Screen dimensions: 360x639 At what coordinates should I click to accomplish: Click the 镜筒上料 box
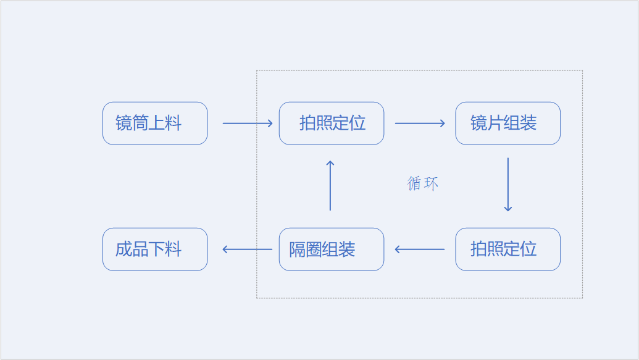(x=155, y=123)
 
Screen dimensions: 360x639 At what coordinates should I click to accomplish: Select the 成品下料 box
(x=155, y=249)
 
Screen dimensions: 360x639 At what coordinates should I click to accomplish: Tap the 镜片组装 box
(x=507, y=123)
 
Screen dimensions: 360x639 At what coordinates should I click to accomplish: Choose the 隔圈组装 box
(x=332, y=249)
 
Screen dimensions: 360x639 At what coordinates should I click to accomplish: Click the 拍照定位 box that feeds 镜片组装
(x=332, y=123)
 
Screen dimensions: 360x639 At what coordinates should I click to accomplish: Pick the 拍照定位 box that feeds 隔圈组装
(x=507, y=249)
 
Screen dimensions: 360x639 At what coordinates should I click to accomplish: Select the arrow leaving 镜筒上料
(x=247, y=123)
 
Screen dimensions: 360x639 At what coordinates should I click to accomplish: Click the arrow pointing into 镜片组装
(x=420, y=123)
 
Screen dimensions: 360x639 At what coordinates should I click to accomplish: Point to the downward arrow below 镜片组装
(x=507, y=185)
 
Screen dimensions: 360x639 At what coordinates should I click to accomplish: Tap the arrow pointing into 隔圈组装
(x=420, y=249)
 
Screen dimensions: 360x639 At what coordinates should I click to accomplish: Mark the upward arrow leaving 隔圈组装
(x=330, y=185)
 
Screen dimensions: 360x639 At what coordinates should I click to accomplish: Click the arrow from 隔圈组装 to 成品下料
(x=247, y=249)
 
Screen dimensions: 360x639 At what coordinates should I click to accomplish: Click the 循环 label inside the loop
(x=423, y=183)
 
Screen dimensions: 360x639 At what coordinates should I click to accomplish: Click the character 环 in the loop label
(x=431, y=183)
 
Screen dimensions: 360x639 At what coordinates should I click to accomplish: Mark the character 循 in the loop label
(x=414, y=183)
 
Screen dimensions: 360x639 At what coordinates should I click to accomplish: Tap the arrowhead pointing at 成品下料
(x=225, y=249)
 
